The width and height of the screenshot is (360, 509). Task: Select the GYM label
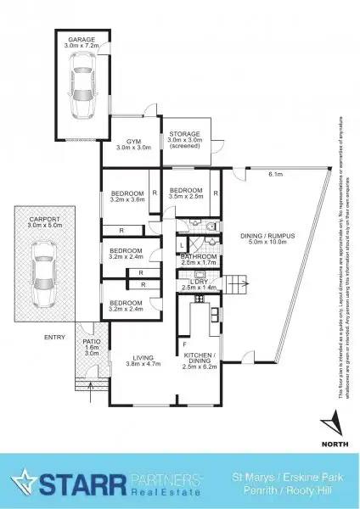(x=134, y=140)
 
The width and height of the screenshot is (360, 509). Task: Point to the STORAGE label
(x=184, y=136)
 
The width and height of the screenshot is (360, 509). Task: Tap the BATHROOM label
(x=201, y=256)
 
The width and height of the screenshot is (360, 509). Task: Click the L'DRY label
(x=200, y=284)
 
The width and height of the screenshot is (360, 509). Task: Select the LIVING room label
(x=134, y=358)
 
